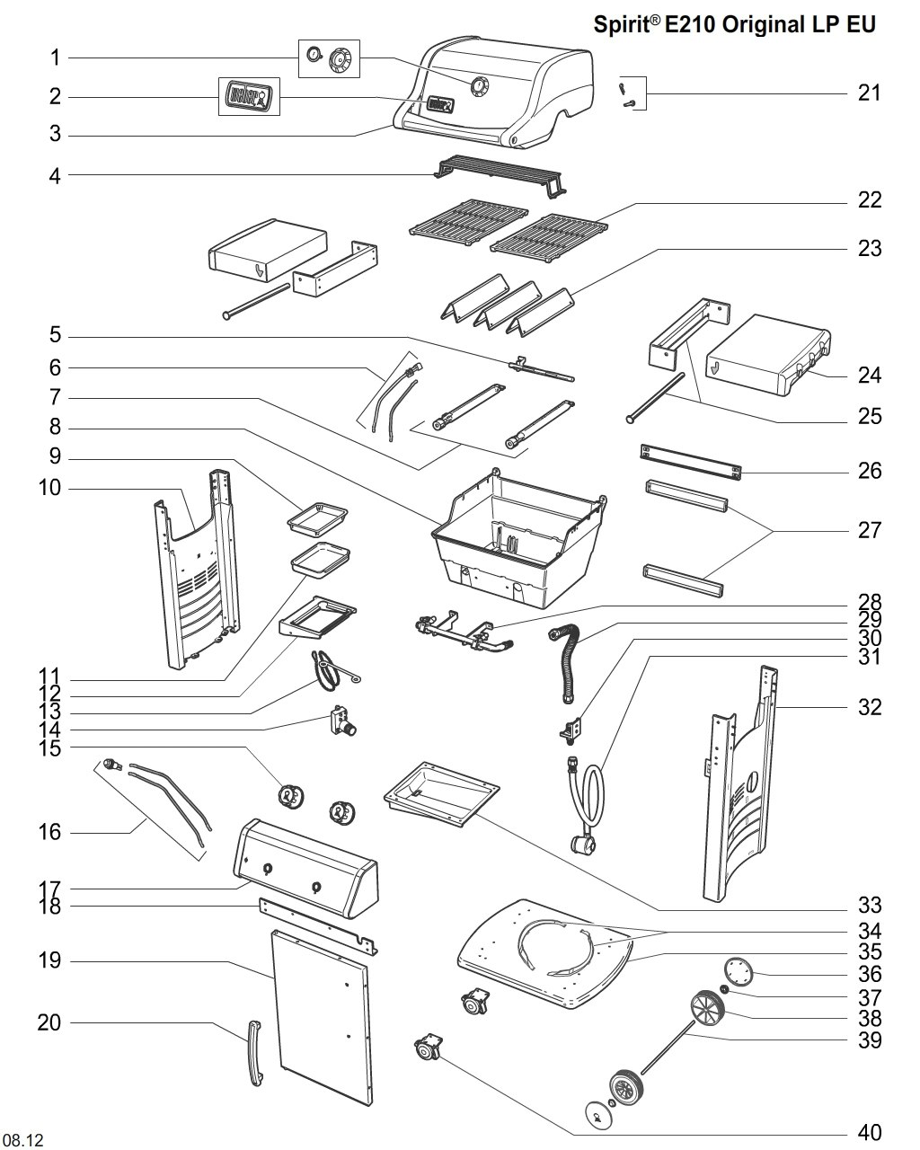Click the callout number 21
coord(869,93)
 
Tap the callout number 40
coord(869,1132)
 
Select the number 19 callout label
coord(49,961)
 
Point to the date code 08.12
coord(22,1140)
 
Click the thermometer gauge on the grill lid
coord(478,86)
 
